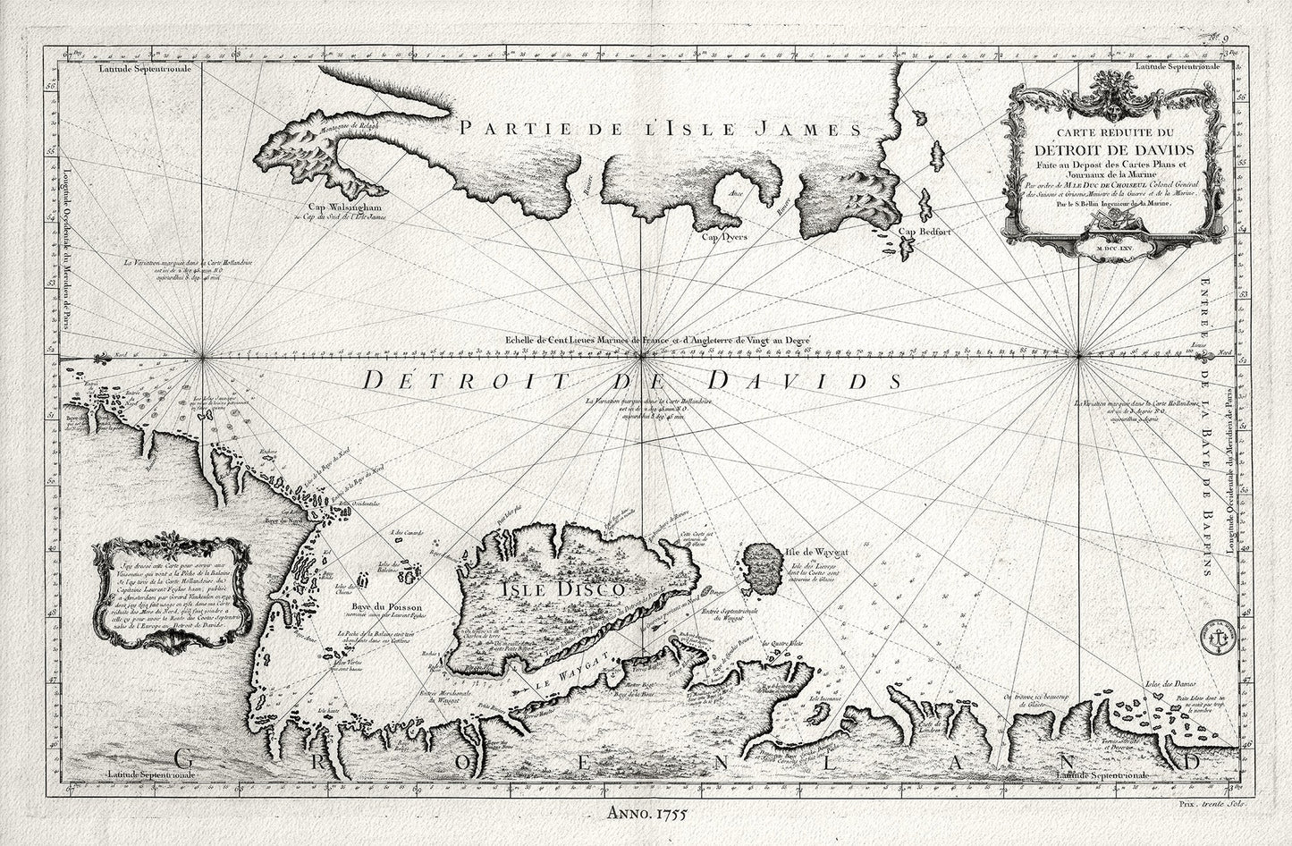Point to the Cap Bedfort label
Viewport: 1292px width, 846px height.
(x=922, y=234)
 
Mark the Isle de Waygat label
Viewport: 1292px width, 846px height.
(x=815, y=554)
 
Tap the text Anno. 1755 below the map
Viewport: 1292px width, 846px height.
(x=645, y=814)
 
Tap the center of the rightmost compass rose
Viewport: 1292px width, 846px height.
(x=1082, y=357)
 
